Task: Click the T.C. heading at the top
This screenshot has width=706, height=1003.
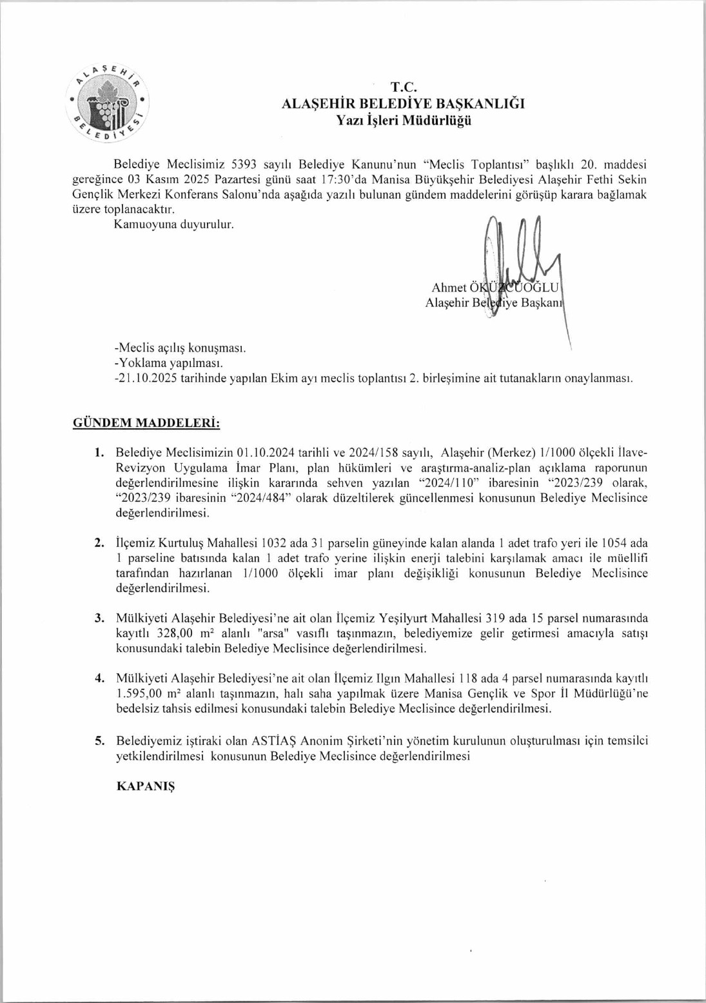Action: (404, 87)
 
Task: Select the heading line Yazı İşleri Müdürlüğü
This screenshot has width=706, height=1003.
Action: (404, 120)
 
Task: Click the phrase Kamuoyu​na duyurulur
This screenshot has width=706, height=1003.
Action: (173, 224)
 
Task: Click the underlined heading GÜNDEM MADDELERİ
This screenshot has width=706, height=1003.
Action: (146, 423)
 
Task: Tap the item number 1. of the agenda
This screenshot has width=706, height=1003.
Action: (99, 452)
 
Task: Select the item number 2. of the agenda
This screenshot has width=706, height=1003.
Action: (99, 543)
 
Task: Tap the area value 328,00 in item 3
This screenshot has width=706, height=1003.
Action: (175, 633)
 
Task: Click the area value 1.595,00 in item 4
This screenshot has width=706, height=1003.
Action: (139, 693)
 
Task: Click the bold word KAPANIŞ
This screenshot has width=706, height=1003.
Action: (146, 786)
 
